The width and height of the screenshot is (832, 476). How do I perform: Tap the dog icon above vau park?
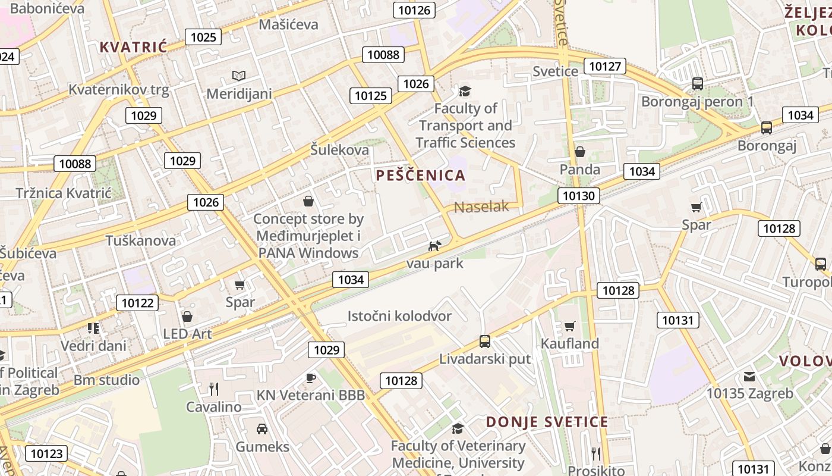point(435,246)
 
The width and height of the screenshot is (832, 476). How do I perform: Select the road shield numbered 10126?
point(414,10)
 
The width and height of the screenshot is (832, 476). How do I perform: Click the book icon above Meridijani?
point(239,76)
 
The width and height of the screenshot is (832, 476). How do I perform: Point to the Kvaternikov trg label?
point(119,90)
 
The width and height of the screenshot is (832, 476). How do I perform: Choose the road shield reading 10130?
point(579,196)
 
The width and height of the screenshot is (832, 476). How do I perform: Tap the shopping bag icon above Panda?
point(580,152)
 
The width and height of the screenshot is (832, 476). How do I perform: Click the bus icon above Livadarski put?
point(485,342)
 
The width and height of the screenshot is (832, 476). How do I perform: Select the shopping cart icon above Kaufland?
point(570,326)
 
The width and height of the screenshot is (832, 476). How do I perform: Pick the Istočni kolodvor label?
point(399,316)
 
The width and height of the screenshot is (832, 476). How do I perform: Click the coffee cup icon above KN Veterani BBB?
point(310,378)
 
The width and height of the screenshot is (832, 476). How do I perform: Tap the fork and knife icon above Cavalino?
point(214,389)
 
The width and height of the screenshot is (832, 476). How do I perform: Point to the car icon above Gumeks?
point(261,428)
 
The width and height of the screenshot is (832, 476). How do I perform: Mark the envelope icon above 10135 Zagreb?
point(749,376)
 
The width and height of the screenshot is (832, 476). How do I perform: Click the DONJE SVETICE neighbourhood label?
point(547,422)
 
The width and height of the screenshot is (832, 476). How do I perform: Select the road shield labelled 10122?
point(137,303)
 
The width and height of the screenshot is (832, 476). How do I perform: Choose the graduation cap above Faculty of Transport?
point(465,91)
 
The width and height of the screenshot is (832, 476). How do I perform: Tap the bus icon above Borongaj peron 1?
point(698,84)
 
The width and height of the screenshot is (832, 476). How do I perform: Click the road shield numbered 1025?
point(203,37)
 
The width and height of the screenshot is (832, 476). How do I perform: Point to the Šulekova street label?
point(340,150)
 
